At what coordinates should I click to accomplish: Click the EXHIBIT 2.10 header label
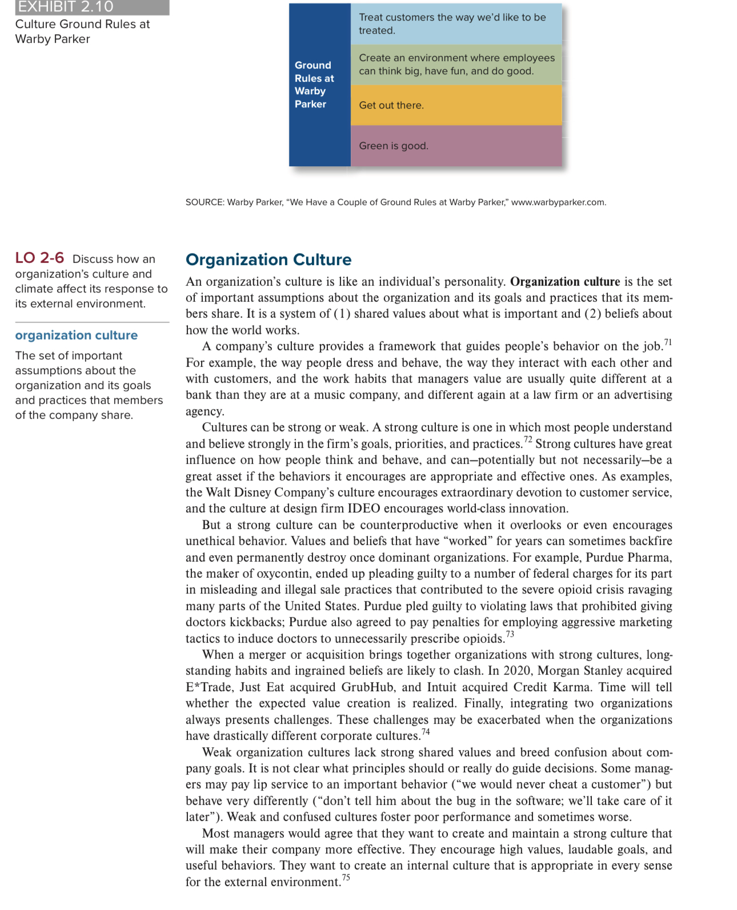66,7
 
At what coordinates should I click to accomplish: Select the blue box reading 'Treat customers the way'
456,24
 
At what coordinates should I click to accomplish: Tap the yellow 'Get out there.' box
456,105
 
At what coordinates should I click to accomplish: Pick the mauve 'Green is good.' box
456,146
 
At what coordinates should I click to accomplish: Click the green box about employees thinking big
456,65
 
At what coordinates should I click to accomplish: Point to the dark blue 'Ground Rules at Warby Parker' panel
319,85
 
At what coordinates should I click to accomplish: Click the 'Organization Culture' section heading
269,260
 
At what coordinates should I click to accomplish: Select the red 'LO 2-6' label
39,258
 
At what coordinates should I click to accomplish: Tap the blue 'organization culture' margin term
76,335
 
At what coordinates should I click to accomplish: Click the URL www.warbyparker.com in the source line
558,202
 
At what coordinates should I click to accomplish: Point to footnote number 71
668,342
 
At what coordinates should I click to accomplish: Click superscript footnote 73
510,634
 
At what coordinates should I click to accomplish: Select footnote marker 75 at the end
346,877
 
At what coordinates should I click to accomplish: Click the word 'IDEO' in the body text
364,508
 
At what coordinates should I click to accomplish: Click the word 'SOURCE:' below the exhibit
205,202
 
